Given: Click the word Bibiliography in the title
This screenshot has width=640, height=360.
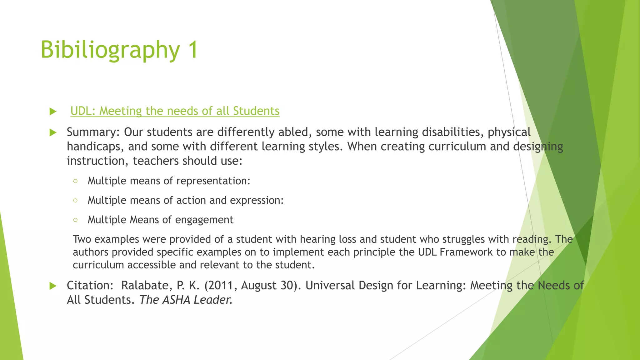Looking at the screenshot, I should pyautogui.click(x=110, y=50).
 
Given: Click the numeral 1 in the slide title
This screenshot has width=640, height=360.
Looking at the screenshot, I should pyautogui.click(x=193, y=49).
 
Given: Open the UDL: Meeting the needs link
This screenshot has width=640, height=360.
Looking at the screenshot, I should pyautogui.click(x=175, y=111).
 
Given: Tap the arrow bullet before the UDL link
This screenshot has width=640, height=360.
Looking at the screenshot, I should pyautogui.click(x=53, y=112).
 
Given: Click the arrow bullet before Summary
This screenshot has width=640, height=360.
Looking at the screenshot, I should pyautogui.click(x=53, y=132).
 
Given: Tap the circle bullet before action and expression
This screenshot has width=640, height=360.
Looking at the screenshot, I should pyautogui.click(x=75, y=200).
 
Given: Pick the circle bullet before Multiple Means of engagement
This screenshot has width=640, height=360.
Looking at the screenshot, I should pyautogui.click(x=75, y=220).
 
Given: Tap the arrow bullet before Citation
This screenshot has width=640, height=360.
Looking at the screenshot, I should pyautogui.click(x=53, y=286).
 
